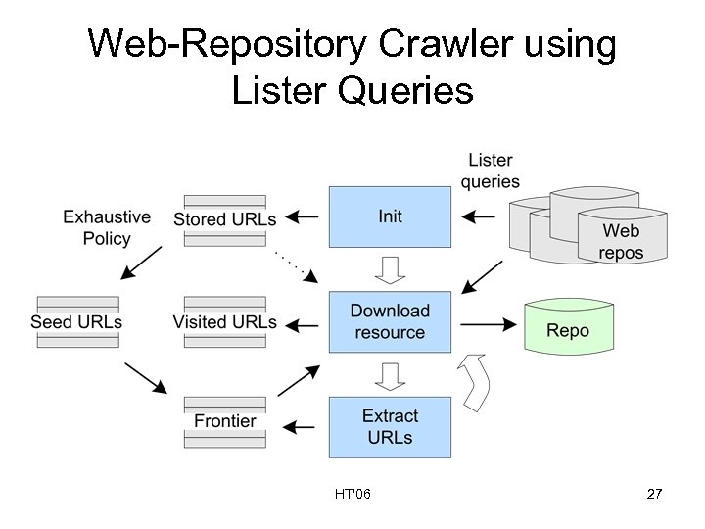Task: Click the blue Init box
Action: [x=390, y=216]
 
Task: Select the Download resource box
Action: [x=390, y=321]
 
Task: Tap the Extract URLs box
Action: [x=390, y=427]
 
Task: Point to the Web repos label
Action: [x=621, y=241]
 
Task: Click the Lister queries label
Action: [x=491, y=170]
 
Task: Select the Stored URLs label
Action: [x=224, y=218]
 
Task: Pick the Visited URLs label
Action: [x=224, y=321]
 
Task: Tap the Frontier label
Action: [x=224, y=421]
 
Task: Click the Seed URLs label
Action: [x=76, y=321]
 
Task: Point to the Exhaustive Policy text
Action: [x=107, y=226]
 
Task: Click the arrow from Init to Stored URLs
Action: [x=305, y=216]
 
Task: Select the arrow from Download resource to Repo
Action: [x=488, y=322]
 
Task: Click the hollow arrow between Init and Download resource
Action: [x=391, y=267]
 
